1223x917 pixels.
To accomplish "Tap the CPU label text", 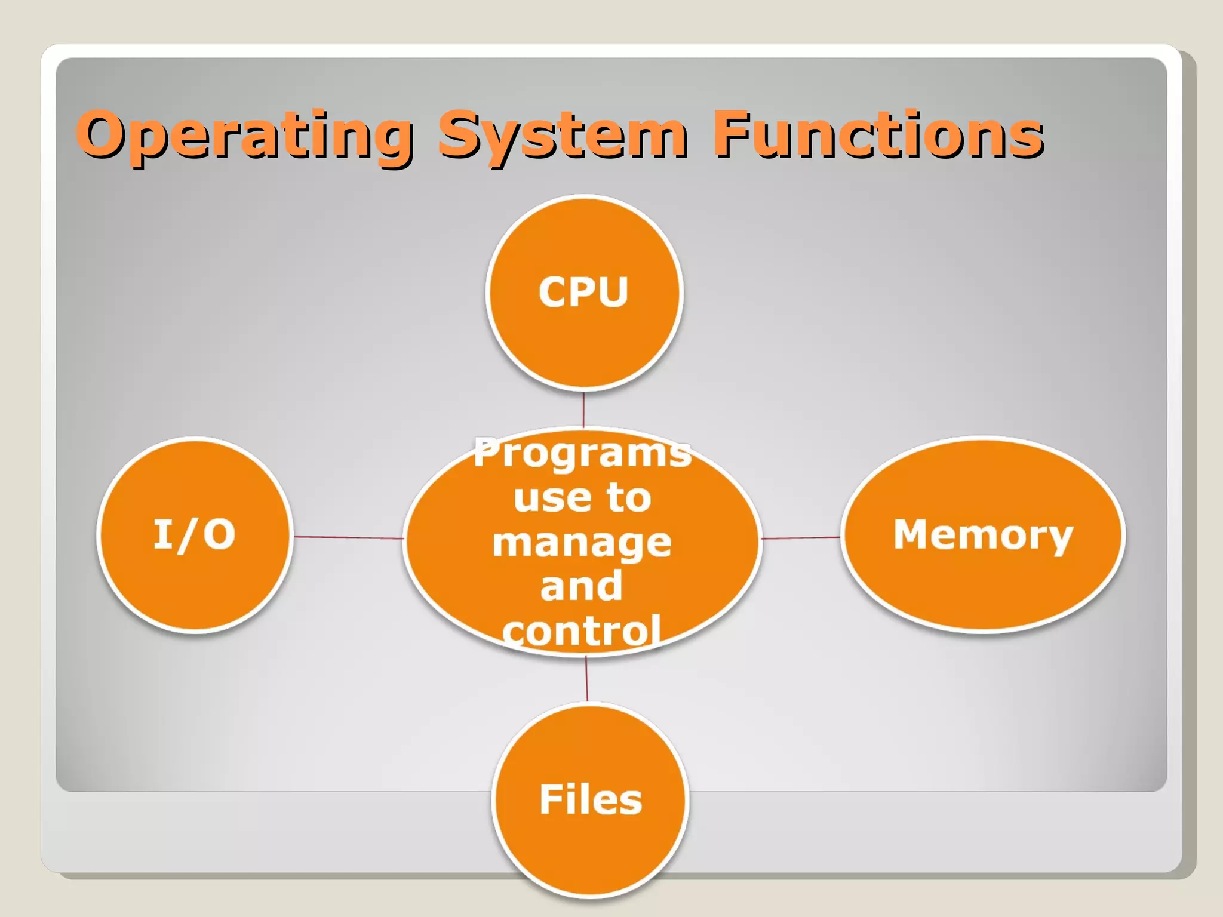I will (583, 293).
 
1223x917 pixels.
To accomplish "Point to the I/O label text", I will (195, 534).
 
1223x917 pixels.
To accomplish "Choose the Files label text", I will (591, 800).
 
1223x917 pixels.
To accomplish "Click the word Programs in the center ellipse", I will (582, 454).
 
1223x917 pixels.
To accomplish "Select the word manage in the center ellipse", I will (582, 543).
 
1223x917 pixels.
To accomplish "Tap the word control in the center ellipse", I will (582, 630).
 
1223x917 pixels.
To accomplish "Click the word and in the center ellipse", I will (582, 586).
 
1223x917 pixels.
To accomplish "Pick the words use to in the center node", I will (582, 498).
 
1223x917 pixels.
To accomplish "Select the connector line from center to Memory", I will (800, 538).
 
